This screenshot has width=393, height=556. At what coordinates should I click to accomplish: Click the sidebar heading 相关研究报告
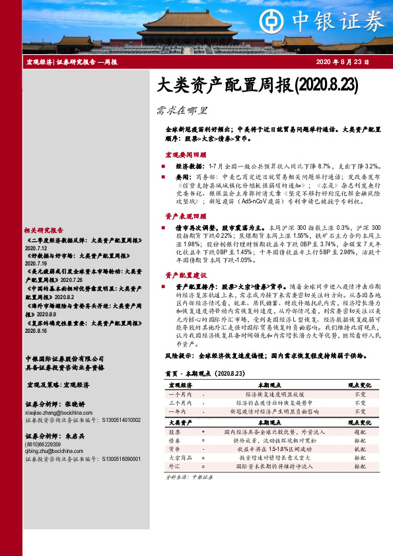point(40,230)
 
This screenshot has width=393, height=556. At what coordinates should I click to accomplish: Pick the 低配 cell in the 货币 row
point(360,448)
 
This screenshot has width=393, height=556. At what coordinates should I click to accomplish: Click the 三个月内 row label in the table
point(180,401)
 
